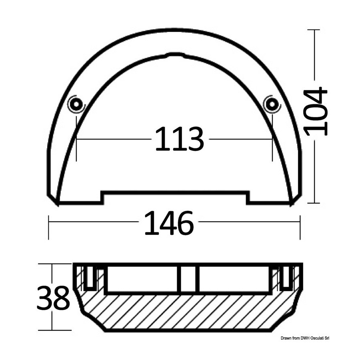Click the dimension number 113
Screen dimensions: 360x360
point(180,139)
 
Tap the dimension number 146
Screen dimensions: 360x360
point(170,223)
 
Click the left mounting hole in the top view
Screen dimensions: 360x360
point(76,104)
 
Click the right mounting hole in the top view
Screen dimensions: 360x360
point(272,104)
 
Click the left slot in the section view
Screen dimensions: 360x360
point(90,278)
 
